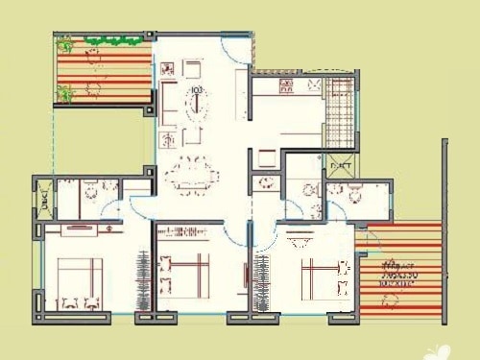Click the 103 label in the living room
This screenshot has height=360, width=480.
tap(196, 91)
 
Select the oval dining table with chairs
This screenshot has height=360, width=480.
tap(191, 177)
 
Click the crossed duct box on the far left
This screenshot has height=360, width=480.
tap(44, 200)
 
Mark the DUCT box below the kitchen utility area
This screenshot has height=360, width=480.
tap(340, 166)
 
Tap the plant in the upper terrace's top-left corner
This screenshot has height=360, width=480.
tap(65, 44)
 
